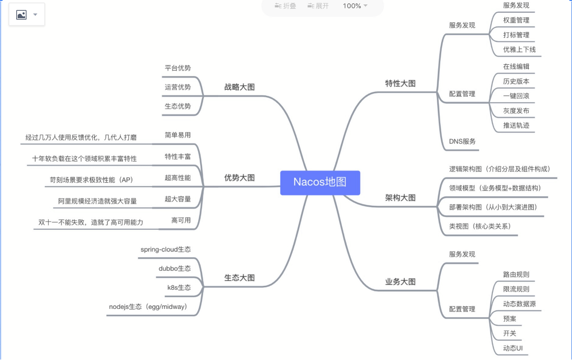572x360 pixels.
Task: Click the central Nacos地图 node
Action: tap(320, 182)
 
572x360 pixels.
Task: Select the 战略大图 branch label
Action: tap(239, 87)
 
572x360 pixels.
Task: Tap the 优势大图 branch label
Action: tap(239, 178)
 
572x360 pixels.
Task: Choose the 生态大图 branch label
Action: tap(239, 277)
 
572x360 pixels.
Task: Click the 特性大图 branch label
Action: tap(400, 83)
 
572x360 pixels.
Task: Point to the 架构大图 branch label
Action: tap(400, 197)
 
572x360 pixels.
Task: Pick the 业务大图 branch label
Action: tap(400, 281)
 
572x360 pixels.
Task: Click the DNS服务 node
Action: tap(462, 141)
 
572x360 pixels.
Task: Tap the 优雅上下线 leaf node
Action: tap(519, 50)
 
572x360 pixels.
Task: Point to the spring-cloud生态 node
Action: tap(166, 249)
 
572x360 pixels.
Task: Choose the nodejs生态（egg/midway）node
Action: tap(148, 307)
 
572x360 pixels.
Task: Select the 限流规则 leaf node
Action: tap(516, 289)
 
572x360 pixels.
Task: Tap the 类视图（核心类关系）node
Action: tap(480, 226)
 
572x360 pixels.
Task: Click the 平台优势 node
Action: tap(177, 68)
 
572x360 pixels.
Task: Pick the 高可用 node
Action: tap(181, 221)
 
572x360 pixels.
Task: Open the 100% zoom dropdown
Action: tap(355, 6)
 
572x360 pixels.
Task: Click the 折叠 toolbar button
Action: tap(286, 6)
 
